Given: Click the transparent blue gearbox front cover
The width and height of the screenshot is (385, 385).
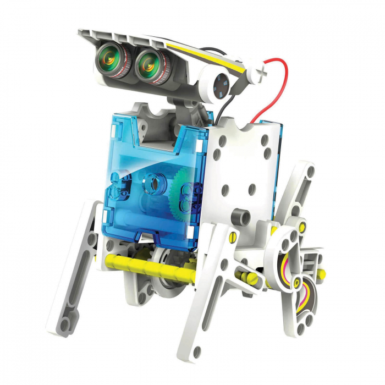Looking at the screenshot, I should click(137, 176).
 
